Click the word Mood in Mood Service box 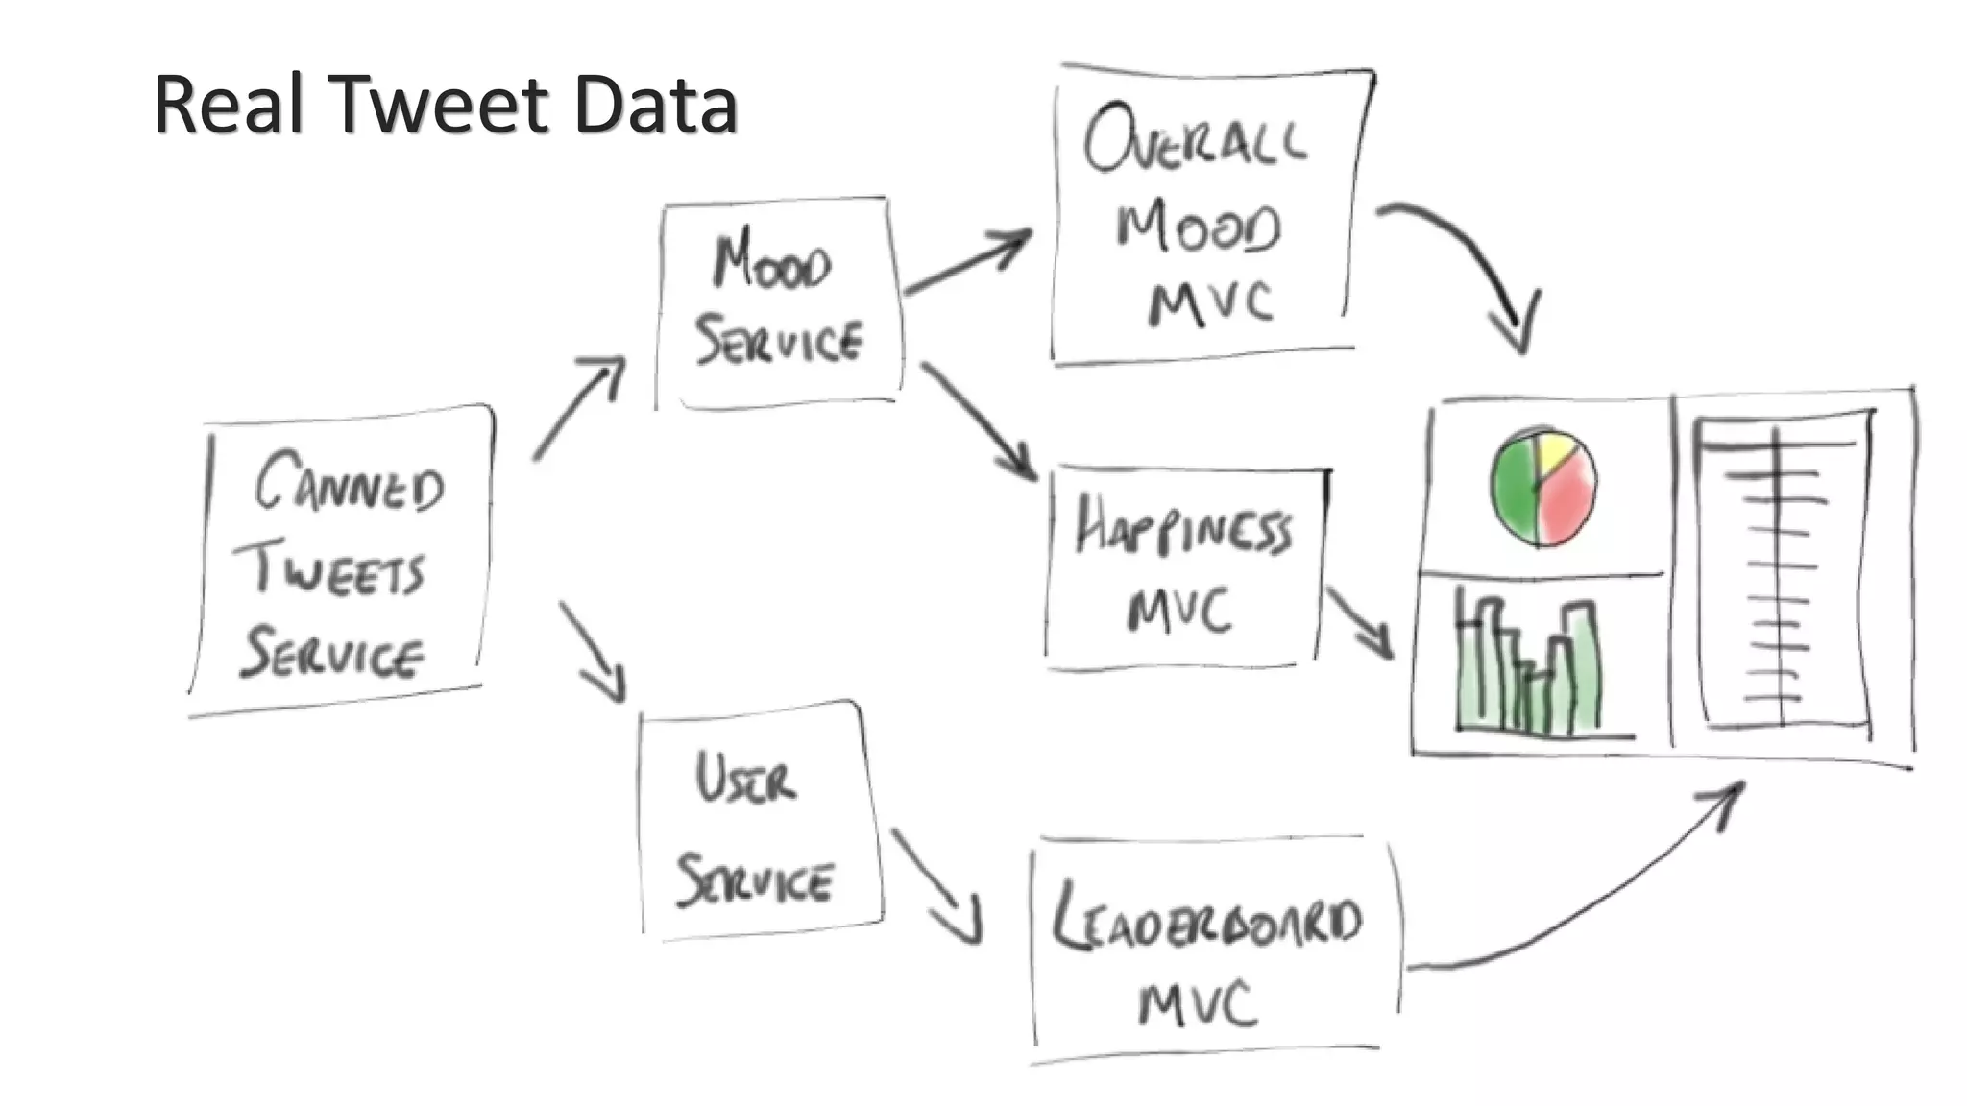click(x=772, y=263)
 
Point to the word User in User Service click(x=745, y=779)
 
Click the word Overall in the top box click(x=1195, y=143)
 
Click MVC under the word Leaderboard click(x=1197, y=1004)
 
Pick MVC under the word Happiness click(x=1179, y=610)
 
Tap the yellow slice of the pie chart click(x=1555, y=451)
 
